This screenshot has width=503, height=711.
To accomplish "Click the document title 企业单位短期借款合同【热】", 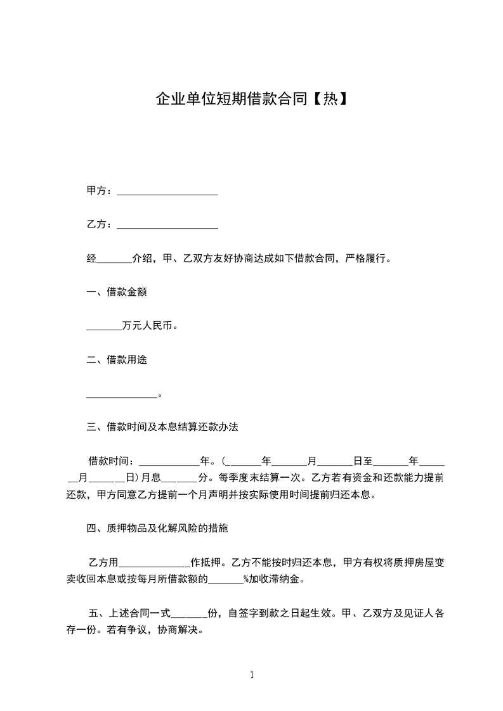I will pyautogui.click(x=251, y=99).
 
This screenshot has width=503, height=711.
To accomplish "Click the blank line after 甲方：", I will pyautogui.click(x=167, y=191).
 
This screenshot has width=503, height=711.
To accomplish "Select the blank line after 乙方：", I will pyautogui.click(x=167, y=224).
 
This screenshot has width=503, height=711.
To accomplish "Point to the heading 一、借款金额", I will pyautogui.click(x=117, y=292).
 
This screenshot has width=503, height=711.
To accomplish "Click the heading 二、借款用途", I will pyautogui.click(x=117, y=360).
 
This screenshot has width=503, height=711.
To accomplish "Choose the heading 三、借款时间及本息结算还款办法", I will pyautogui.click(x=162, y=427).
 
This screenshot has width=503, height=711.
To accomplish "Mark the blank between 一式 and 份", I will pyautogui.click(x=188, y=614).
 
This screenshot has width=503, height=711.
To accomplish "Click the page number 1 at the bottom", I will pyautogui.click(x=252, y=675).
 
